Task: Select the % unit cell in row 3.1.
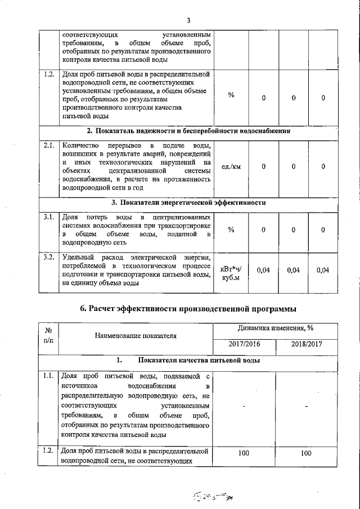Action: click(x=231, y=229)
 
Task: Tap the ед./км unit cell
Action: click(x=231, y=166)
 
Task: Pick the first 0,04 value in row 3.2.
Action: click(x=263, y=271)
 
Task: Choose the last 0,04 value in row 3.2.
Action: click(x=323, y=271)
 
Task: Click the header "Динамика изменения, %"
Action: click(x=275, y=328)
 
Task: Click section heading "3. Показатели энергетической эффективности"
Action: click(x=188, y=202)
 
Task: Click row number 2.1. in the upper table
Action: click(x=49, y=145)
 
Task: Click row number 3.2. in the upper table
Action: click(x=49, y=257)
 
